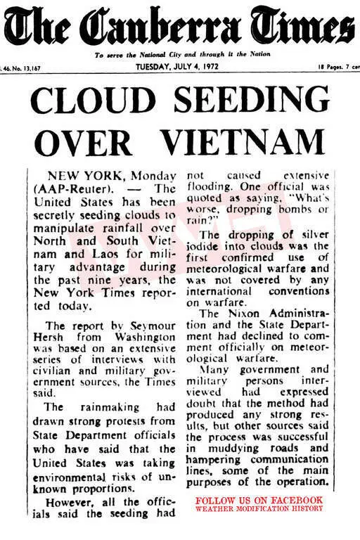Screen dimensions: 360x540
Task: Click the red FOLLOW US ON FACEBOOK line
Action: [x=259, y=500]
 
